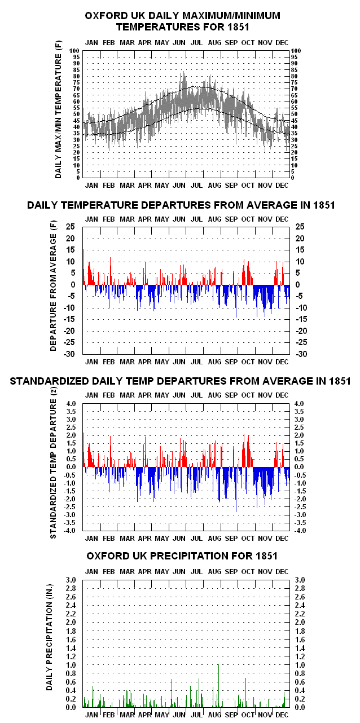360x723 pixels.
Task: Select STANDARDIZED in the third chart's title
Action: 50,381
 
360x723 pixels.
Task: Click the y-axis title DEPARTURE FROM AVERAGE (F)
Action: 53,286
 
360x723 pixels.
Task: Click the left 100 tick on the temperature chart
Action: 74,51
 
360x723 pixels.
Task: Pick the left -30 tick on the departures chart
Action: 69,354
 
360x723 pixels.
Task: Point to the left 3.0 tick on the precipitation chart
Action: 71,580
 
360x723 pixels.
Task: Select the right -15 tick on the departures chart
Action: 301,319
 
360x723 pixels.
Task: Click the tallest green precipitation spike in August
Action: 218,685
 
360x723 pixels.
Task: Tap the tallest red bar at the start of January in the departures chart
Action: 84,267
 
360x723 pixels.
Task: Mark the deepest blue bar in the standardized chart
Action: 236,490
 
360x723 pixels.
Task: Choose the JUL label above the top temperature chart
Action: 196,43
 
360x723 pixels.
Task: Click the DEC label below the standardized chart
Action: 282,539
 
